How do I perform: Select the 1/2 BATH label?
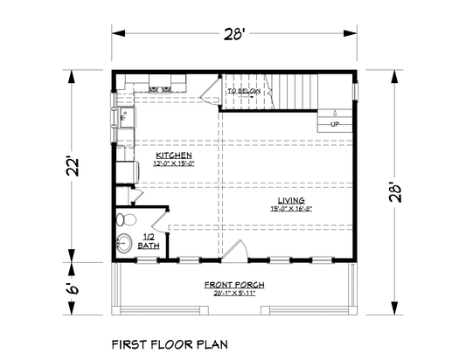150,241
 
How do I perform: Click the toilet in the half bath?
124,219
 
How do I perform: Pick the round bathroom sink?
123,245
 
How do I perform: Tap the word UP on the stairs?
334,125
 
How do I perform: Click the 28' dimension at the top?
232,35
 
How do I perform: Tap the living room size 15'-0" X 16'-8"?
291,208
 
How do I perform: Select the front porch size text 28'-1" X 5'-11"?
234,294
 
